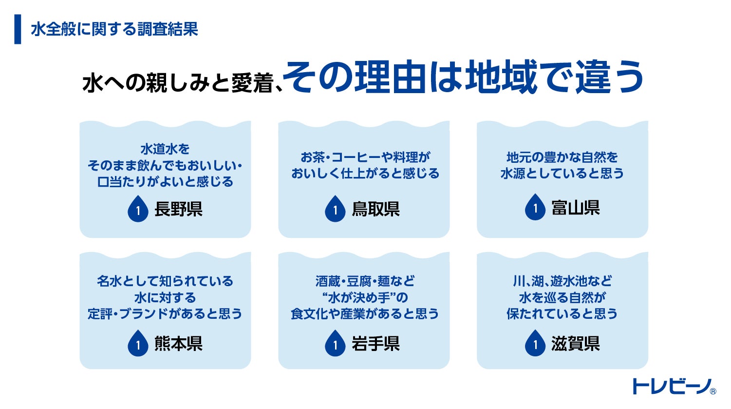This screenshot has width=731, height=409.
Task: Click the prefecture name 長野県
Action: pos(178,210)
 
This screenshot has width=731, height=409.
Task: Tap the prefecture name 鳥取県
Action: pos(375,210)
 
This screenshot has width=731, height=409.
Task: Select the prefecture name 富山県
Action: pos(575,208)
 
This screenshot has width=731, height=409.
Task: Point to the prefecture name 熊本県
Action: pos(178,344)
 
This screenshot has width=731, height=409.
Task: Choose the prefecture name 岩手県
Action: pos(375,344)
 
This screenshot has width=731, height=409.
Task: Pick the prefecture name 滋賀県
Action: pos(575,344)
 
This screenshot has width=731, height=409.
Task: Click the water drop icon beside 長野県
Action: pos(138,209)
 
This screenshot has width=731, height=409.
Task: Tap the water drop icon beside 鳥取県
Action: pos(335,209)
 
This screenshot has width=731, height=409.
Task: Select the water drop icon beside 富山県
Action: pos(535,208)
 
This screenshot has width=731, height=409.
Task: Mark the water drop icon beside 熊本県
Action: pos(138,344)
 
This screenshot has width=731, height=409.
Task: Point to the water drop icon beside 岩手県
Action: pos(335,344)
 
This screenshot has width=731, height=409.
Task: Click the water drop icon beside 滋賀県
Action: pos(535,344)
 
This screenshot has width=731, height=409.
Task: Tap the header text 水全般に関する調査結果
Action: pos(114,29)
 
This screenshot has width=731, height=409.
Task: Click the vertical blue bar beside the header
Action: pos(18,29)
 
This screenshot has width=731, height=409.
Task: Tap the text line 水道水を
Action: pos(165,149)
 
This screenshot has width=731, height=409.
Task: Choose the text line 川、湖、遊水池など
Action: pos(562,281)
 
